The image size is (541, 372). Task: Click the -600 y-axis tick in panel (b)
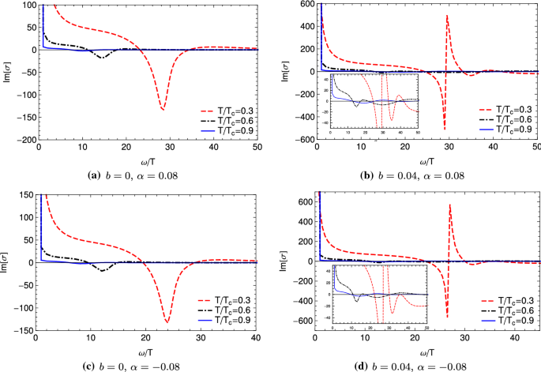coord(299,140)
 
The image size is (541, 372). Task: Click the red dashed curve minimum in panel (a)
coord(162,109)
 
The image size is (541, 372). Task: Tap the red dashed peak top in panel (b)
coord(447,16)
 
